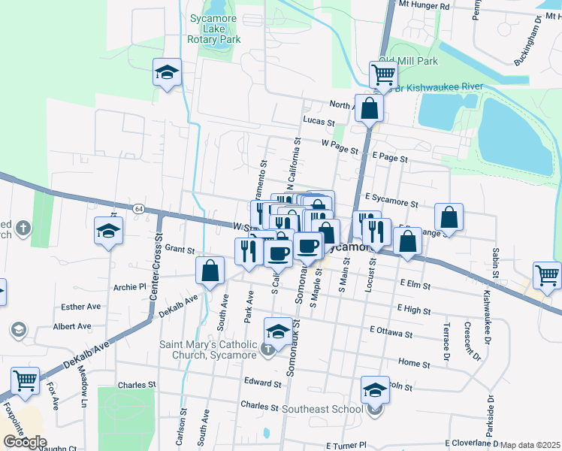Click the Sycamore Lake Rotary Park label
click(215, 29)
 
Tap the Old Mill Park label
click(408, 60)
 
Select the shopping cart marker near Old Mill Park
click(384, 74)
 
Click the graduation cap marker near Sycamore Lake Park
click(167, 73)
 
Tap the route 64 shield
click(138, 208)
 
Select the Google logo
click(25, 442)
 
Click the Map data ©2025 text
click(530, 445)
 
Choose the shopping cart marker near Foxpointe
click(26, 382)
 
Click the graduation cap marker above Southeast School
click(376, 389)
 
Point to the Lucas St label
click(319, 120)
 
